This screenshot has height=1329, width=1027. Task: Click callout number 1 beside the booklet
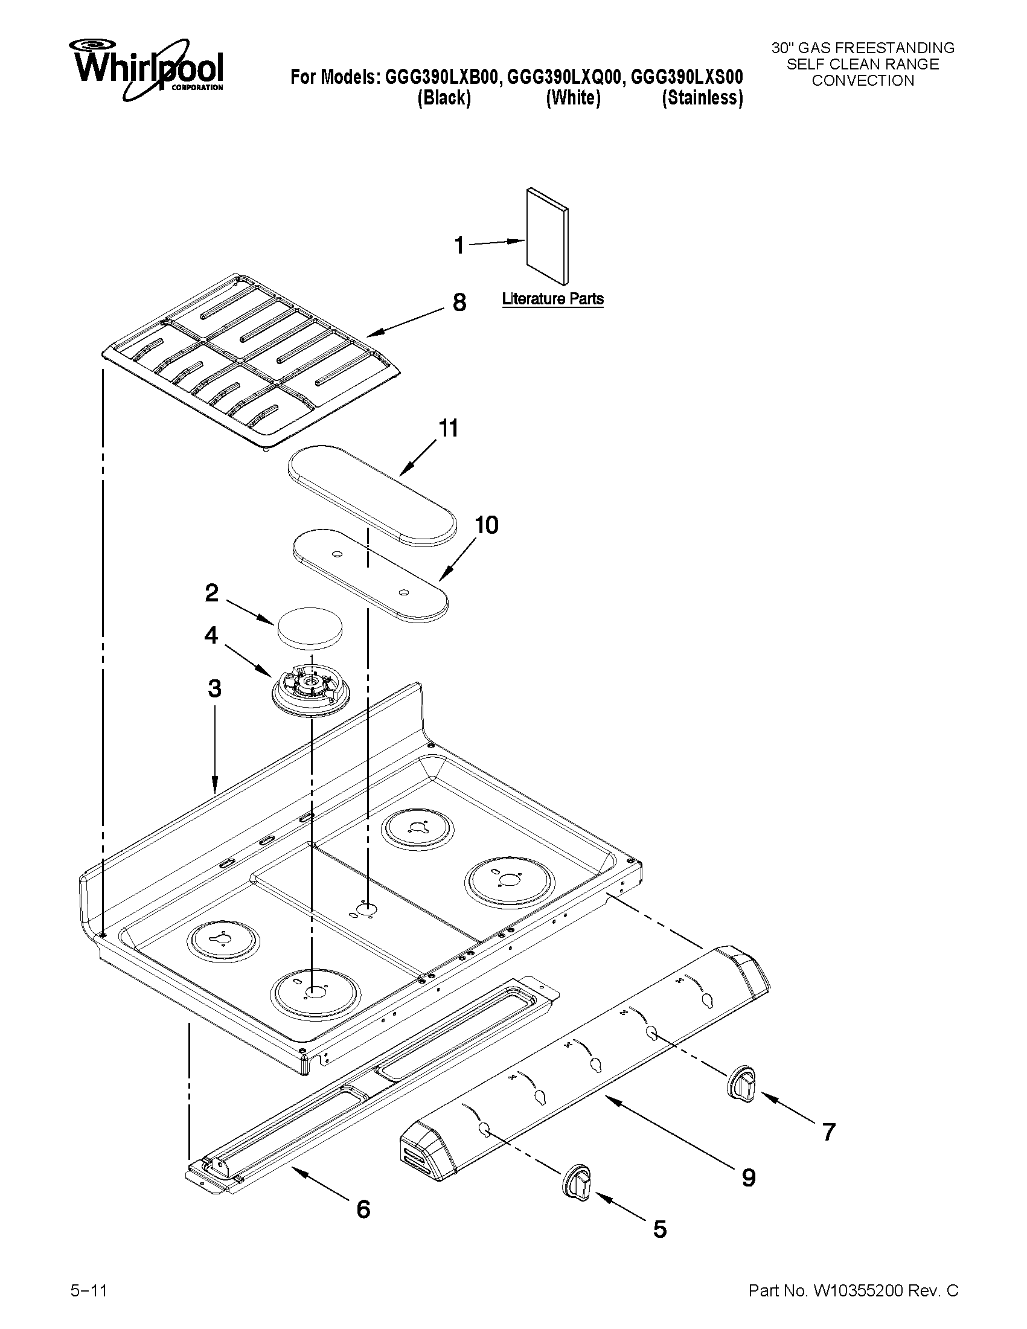tap(459, 245)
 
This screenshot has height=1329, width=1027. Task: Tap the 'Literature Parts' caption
tap(552, 299)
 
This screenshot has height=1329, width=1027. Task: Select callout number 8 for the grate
tap(459, 302)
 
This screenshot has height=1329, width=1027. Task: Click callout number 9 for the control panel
tap(748, 1177)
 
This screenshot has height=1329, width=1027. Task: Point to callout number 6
tap(363, 1208)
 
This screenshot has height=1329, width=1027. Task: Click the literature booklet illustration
tap(548, 235)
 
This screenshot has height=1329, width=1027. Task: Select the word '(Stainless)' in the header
tap(702, 98)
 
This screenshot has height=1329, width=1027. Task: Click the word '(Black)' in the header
tap(444, 98)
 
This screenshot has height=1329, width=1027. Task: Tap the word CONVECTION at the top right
tap(863, 80)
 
